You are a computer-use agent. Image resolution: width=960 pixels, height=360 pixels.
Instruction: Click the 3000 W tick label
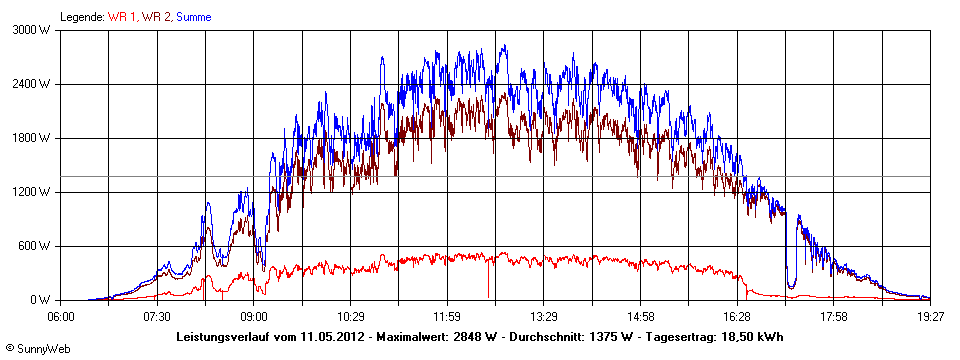(33, 30)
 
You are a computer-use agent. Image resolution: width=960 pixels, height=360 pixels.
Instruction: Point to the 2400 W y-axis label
(33, 84)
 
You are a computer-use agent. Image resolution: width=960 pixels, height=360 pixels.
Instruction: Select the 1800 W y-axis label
(33, 138)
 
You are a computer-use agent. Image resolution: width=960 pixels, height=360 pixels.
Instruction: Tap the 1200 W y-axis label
(33, 192)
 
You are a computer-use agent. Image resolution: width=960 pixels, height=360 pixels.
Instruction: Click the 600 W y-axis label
(36, 246)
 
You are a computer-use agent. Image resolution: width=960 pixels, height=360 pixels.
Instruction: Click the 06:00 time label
(61, 316)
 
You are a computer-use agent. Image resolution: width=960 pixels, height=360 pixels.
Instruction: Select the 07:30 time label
(158, 316)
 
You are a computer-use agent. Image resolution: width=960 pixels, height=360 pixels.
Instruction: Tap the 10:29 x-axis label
(351, 316)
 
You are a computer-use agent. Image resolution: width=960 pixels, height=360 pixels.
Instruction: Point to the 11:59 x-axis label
(447, 316)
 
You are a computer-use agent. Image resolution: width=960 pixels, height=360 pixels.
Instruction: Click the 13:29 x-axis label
(543, 316)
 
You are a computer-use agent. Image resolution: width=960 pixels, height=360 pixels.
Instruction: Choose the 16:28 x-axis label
(737, 316)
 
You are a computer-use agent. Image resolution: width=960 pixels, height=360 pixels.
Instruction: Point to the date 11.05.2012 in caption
(330, 337)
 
